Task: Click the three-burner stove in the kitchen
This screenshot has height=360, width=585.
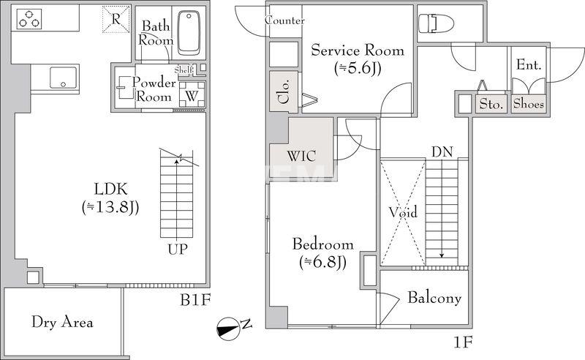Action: (x=29, y=19)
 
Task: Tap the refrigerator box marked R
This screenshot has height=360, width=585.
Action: (x=116, y=19)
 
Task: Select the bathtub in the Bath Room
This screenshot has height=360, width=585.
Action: (x=189, y=33)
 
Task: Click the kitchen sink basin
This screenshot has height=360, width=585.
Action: (x=63, y=78)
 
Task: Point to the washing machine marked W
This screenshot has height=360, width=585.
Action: (x=192, y=95)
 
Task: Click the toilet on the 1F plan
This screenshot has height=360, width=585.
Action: (x=436, y=23)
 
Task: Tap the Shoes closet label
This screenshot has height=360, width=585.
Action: (x=528, y=103)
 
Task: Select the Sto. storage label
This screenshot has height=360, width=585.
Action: (x=491, y=104)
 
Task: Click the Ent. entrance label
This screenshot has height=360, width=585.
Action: (x=529, y=65)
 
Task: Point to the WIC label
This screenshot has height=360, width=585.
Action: (x=301, y=156)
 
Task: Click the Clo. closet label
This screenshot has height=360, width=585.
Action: (x=284, y=92)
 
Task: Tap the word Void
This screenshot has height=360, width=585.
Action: (x=403, y=212)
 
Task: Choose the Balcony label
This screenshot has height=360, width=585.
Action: (x=434, y=298)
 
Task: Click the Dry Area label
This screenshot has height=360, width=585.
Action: (x=62, y=322)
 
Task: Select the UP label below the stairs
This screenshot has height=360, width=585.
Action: (x=177, y=249)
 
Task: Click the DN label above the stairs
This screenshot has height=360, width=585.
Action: (x=442, y=152)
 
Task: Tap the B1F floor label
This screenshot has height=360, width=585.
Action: (x=195, y=300)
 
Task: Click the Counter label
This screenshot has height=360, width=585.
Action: (x=284, y=20)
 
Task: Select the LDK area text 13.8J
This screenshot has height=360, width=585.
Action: (x=110, y=208)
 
